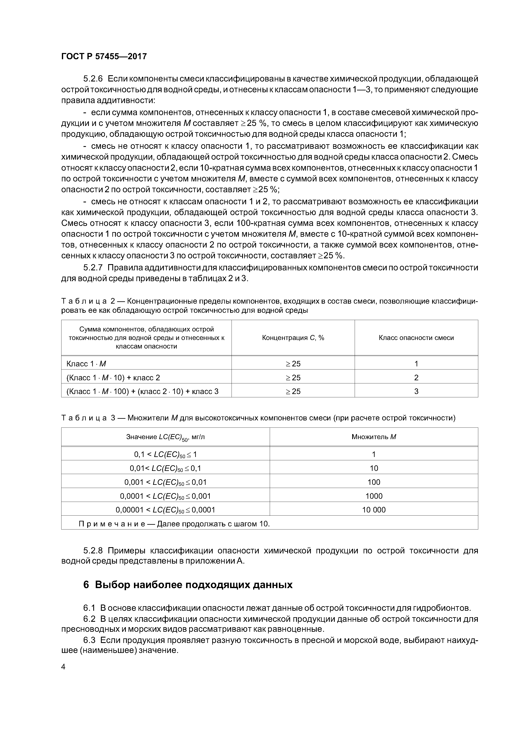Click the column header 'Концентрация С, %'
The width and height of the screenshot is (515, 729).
point(293,337)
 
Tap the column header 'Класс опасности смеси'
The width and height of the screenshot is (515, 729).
point(416,337)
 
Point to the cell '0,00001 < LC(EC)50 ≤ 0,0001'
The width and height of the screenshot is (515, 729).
point(165,510)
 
